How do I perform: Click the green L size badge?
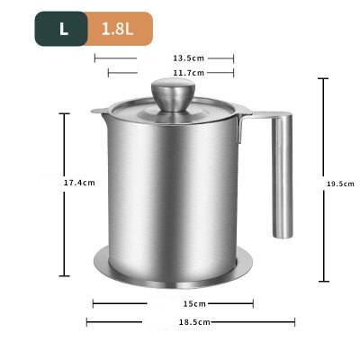click(63, 28)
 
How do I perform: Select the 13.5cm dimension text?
click(164, 57)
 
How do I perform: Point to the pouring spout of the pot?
click(97, 113)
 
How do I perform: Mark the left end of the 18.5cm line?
click(87, 321)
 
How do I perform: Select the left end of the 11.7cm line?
click(108, 72)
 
